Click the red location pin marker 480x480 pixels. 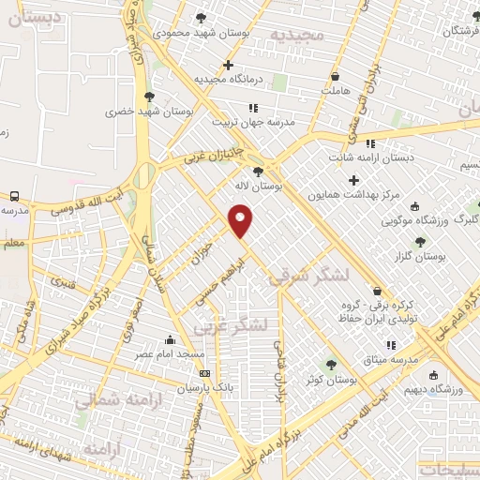(241, 219)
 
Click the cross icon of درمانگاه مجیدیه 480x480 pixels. (229, 65)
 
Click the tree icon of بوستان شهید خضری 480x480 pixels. (149, 96)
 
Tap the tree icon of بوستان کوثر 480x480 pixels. (329, 364)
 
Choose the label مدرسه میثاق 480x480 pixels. (397, 361)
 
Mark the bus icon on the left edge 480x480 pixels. (14, 196)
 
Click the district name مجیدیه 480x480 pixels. (297, 35)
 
